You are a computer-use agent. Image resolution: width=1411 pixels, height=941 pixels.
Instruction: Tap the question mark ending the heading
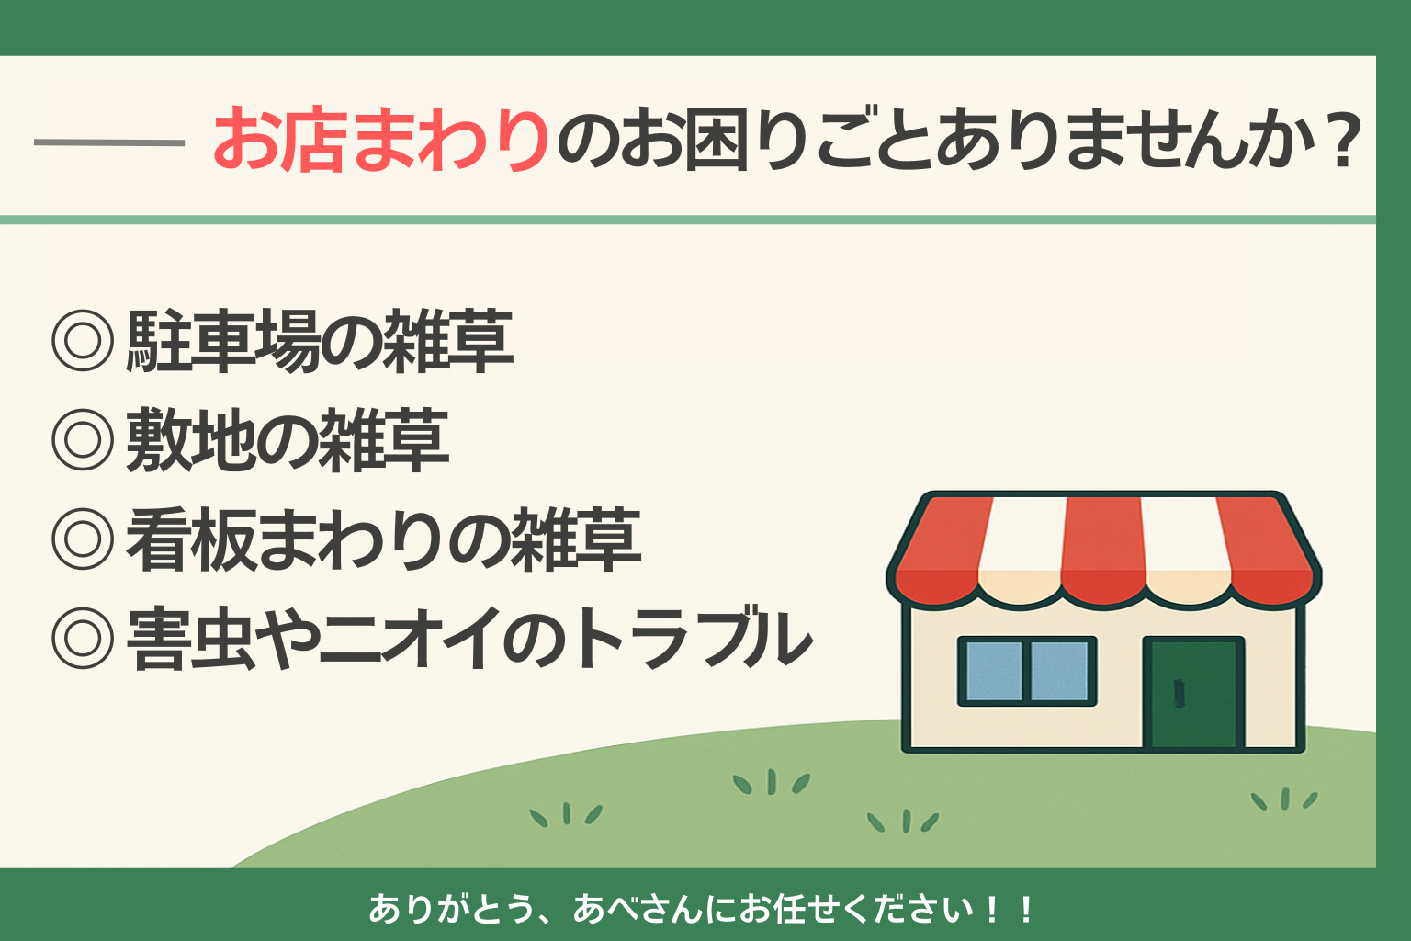click(1344, 139)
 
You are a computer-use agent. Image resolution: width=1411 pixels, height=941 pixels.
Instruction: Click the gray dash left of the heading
click(109, 143)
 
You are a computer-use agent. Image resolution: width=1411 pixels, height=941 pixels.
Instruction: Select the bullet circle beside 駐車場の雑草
click(83, 340)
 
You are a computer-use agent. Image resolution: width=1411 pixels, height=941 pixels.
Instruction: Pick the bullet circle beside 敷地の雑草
click(83, 439)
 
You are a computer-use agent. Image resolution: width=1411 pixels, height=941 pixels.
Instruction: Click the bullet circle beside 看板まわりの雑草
click(83, 539)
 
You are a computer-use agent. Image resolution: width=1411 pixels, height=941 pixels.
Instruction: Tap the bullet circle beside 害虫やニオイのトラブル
click(83, 638)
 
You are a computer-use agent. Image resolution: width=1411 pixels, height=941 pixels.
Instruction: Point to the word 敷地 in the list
click(190, 440)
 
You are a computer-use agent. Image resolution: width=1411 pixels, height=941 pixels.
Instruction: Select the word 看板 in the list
click(190, 539)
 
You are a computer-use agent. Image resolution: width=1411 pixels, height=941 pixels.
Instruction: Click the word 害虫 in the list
click(190, 639)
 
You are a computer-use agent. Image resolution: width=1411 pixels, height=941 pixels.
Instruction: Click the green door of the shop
click(1193, 693)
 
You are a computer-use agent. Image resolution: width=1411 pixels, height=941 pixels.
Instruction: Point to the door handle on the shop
click(1179, 693)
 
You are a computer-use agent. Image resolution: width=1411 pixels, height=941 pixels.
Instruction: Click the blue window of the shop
click(1027, 671)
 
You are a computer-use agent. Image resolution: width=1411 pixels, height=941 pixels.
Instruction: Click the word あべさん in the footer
click(638, 910)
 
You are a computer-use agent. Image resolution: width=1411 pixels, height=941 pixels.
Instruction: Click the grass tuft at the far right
click(1283, 799)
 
